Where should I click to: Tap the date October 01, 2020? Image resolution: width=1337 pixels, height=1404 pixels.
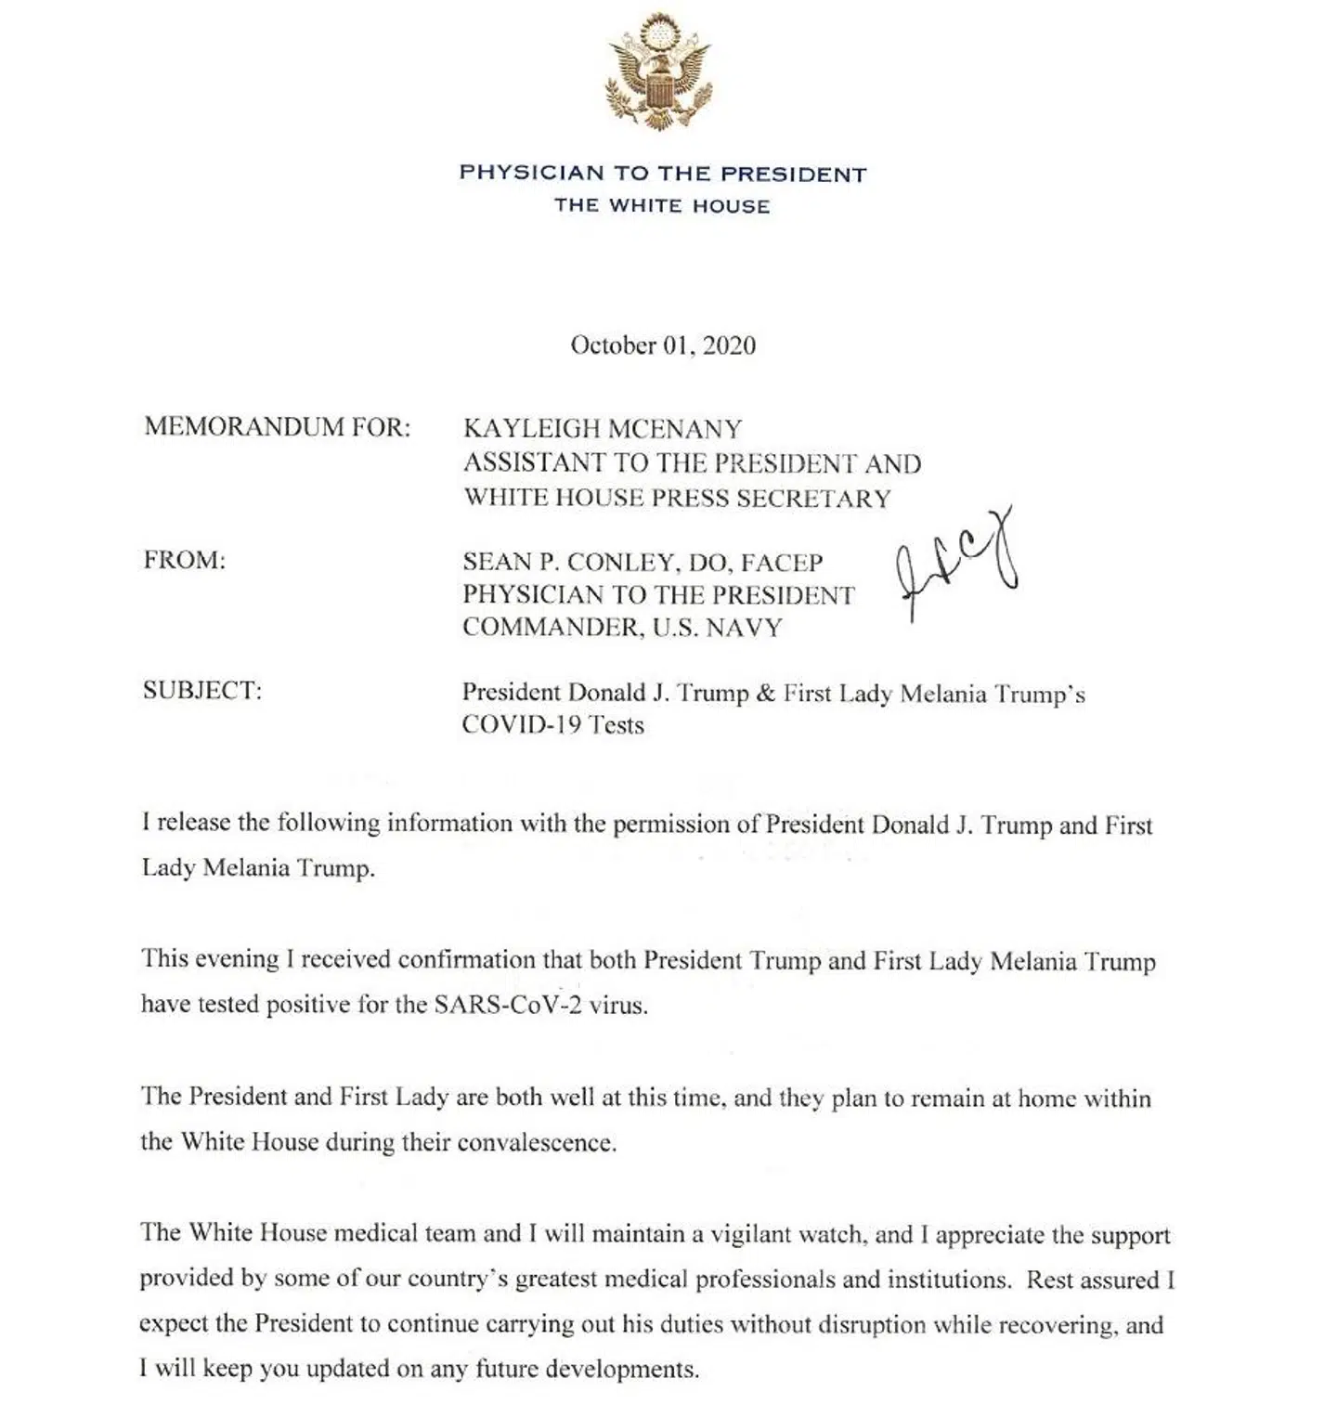663,345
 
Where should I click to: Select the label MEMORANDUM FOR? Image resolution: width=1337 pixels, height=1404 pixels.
277,427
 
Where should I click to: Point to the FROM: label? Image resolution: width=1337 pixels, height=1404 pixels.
185,561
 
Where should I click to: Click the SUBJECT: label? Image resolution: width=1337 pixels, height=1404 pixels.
202,691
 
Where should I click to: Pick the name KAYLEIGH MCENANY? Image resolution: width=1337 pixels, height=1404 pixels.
603,428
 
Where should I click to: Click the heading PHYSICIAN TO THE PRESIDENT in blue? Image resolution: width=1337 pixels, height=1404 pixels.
662,174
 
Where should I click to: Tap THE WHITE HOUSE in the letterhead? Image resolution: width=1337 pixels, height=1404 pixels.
662,206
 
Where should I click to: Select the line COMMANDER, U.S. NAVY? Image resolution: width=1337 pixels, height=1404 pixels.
622,628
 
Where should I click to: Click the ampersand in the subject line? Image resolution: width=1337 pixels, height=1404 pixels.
766,693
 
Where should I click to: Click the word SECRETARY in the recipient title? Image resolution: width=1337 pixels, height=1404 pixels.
813,498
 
